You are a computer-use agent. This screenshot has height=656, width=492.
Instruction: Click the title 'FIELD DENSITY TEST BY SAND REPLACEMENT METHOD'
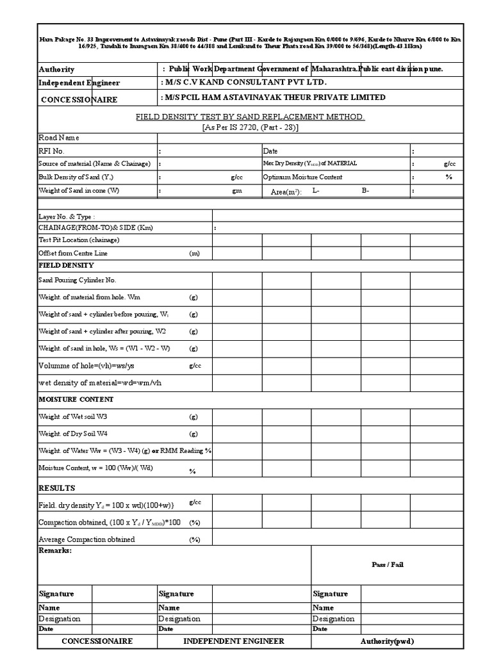250,117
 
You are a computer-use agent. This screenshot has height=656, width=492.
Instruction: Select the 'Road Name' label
59,138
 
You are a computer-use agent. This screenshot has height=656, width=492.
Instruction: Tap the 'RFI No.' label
52,151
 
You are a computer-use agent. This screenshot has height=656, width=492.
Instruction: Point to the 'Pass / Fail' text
388,564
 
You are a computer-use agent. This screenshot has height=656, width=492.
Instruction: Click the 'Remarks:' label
56,550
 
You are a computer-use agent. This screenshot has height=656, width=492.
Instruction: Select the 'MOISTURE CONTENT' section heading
76,399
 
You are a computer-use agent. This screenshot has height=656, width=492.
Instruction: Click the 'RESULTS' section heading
57,488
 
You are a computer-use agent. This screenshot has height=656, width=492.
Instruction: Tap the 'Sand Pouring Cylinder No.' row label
78,281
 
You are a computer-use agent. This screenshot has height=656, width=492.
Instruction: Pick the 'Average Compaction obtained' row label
86,539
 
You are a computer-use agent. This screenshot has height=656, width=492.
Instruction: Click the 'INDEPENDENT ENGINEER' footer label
234,641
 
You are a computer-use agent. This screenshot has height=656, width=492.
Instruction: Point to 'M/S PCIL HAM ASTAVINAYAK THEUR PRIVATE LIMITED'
275,97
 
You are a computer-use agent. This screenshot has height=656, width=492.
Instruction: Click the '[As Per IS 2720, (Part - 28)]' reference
250,127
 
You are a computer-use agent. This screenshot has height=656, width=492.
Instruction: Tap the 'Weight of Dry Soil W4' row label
69,434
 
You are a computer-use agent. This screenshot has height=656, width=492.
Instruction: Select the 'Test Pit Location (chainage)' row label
79,240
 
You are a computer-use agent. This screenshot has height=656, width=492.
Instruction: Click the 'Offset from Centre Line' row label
73,254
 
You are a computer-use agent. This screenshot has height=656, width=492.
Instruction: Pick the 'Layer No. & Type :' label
67,217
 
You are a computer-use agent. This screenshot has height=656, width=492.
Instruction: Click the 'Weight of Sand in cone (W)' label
79,190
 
